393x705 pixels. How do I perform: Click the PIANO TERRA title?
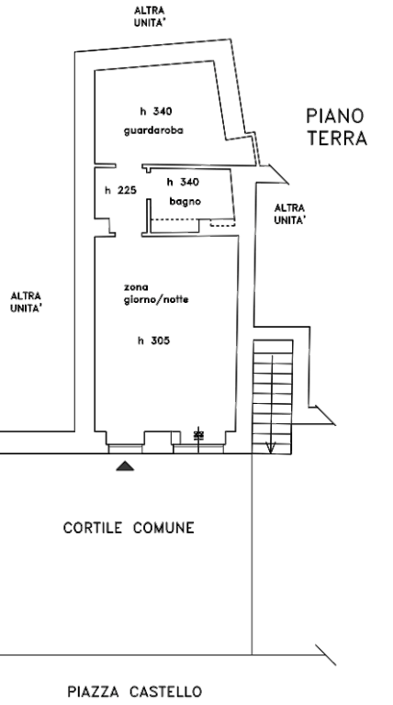click(336, 128)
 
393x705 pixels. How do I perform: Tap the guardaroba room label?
click(153, 131)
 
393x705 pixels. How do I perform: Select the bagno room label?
click(185, 201)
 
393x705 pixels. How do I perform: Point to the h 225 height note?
click(120, 190)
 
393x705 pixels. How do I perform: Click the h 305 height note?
click(153, 341)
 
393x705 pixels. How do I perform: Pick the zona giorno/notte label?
click(156, 294)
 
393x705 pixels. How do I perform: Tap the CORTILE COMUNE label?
click(129, 528)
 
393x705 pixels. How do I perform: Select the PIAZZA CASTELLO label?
click(134, 691)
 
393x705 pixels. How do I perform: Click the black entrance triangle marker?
click(125, 465)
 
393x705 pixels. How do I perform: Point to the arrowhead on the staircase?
click(270, 448)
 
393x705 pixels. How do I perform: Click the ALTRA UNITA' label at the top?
click(150, 17)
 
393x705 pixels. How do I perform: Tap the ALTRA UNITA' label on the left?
click(26, 302)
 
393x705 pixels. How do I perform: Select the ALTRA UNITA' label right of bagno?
click(289, 214)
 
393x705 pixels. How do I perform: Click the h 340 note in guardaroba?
click(155, 111)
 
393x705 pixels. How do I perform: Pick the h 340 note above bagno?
click(183, 182)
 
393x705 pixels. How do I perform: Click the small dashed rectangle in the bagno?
click(222, 223)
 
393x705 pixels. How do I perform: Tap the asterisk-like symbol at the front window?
click(198, 435)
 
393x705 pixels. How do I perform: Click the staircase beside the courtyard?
click(273, 397)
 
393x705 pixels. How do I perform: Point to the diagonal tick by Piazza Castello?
click(326, 655)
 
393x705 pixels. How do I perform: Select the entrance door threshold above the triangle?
click(126, 449)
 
